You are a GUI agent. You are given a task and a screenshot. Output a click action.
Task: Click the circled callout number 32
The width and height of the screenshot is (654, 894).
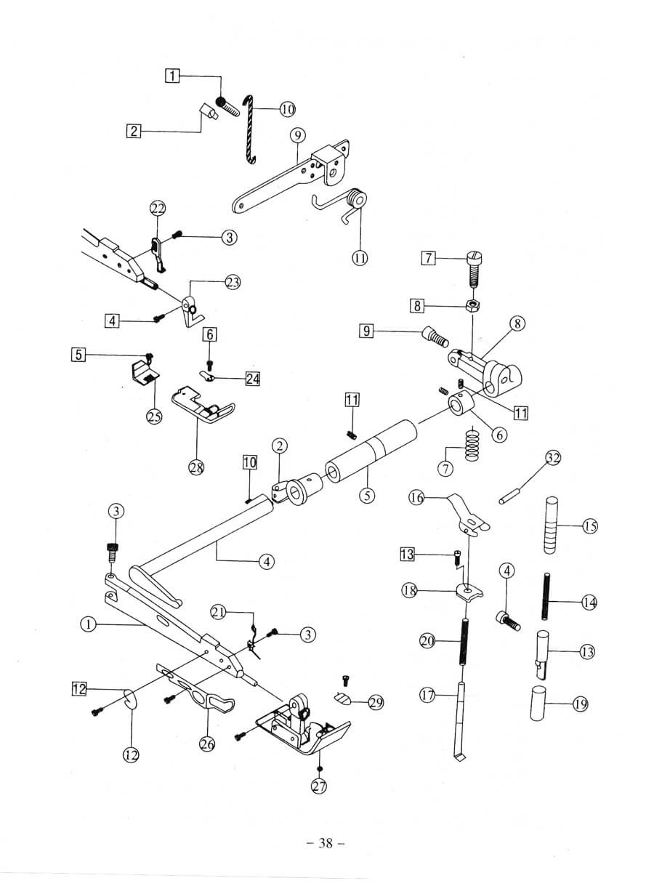pos(554,458)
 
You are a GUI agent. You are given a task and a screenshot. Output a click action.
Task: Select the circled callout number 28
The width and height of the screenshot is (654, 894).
pos(196,467)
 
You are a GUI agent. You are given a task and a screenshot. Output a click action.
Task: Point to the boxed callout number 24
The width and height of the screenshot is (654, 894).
pos(252,379)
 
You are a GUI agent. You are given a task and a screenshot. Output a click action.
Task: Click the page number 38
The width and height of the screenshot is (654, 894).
pos(325,843)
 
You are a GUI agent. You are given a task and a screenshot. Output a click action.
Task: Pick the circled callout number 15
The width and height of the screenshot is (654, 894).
pos(590,526)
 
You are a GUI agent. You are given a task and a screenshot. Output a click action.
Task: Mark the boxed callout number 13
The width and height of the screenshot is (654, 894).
pos(408,555)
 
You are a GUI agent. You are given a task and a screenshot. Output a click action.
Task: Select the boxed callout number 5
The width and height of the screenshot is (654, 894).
pos(78,355)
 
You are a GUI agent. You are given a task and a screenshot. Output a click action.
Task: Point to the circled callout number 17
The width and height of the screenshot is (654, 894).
pos(427,696)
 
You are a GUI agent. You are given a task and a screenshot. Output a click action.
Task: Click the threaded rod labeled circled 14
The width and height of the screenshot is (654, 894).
pos(544,602)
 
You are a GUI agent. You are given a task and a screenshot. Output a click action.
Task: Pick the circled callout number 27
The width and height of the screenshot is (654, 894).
pos(318,786)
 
